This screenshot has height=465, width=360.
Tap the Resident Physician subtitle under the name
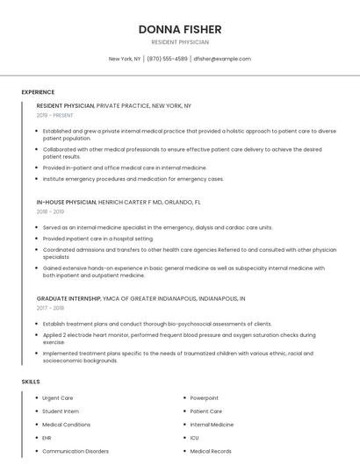(x=179, y=42)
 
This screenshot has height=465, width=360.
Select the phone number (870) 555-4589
(x=167, y=59)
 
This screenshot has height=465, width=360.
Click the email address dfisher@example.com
(x=222, y=59)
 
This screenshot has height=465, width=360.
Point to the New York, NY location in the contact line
(x=125, y=59)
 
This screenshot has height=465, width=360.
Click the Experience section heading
(x=38, y=92)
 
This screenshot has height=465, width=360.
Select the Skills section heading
(x=31, y=382)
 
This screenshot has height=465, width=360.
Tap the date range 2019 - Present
(x=55, y=115)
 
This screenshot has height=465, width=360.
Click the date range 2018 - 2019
(x=50, y=211)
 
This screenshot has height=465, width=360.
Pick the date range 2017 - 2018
(x=50, y=308)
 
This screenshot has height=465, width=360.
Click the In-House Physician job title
(x=66, y=202)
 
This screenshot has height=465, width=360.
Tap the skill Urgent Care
(x=58, y=397)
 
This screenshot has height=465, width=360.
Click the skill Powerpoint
(x=204, y=397)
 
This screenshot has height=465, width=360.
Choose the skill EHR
(x=47, y=438)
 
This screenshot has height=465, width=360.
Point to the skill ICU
(x=194, y=438)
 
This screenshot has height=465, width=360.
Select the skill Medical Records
(x=211, y=451)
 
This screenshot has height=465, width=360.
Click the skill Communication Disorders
(x=76, y=451)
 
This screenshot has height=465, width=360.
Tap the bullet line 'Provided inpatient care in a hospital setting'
(x=98, y=238)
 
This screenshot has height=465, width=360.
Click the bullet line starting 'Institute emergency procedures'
(x=133, y=179)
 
